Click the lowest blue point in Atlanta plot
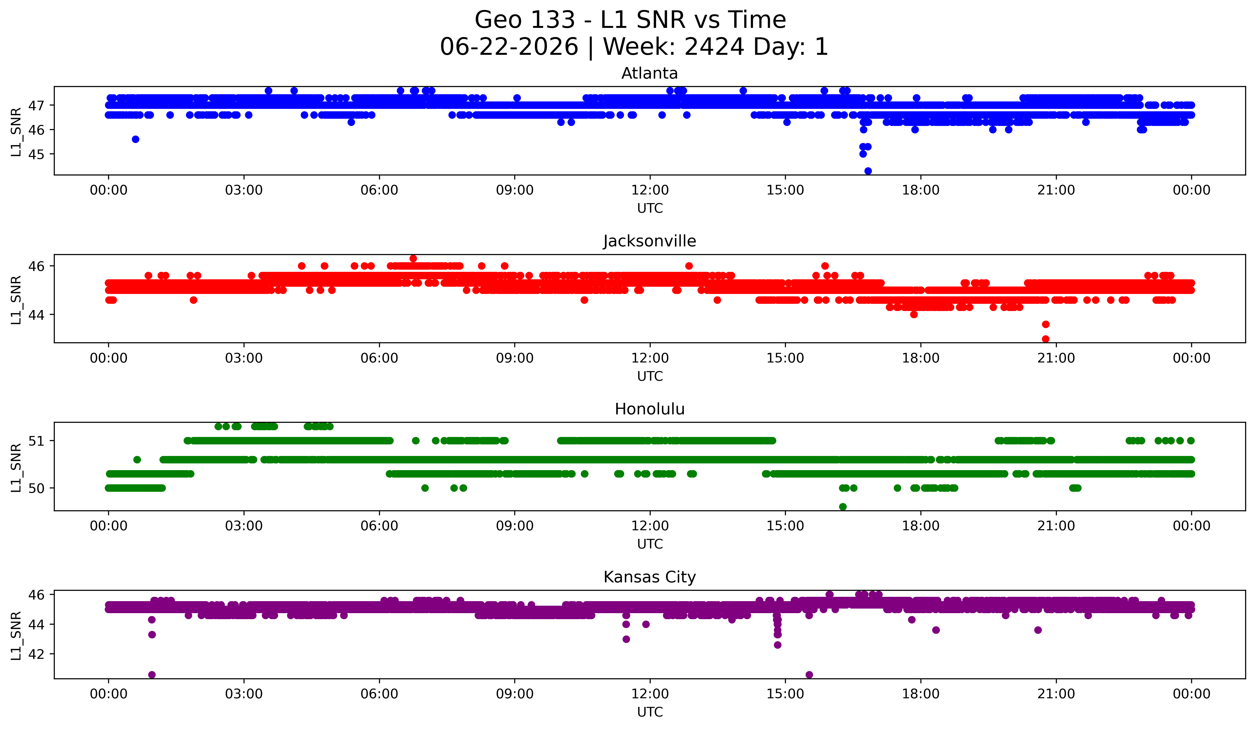pos(868,171)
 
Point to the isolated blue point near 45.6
pos(135,139)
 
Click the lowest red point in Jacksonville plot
pos(1046,339)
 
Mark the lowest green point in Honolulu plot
pos(843,507)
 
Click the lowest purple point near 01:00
pos(152,675)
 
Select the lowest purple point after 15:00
pos(809,675)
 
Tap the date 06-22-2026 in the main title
pos(509,47)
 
